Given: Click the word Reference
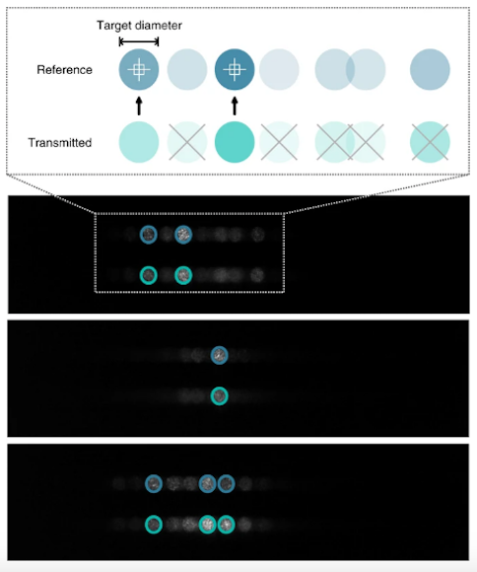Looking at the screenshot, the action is pos(64,70).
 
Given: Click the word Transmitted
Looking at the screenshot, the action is pos(60,142).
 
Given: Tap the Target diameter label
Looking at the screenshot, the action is pos(139,26).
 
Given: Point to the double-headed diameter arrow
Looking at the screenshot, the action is pos(139,41).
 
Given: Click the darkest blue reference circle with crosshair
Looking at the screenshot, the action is pos(235,69).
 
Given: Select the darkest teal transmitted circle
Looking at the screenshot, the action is pos(235,142).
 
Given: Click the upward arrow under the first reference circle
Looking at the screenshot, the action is pos(139,106).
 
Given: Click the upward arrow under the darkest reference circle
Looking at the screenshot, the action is pos(235,106).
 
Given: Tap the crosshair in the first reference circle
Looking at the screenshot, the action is pos(139,69).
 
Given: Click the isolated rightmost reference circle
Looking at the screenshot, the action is pos(430,69).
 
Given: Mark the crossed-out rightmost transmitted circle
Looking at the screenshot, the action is pos(430,142).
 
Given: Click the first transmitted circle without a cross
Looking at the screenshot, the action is pos(139,142).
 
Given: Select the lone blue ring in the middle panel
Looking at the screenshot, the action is pos(220,346).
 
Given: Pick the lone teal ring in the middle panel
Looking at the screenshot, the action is pos(220,388).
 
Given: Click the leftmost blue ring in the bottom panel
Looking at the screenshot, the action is pos(154,475).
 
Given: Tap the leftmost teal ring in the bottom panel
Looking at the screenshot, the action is pos(154,516).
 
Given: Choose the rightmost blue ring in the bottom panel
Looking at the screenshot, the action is pos(226,475).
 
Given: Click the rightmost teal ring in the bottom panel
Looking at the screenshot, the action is pos(226,516).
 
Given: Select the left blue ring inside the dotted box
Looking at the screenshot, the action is pos(149,226).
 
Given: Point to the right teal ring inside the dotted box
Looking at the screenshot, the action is pos(183,267).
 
